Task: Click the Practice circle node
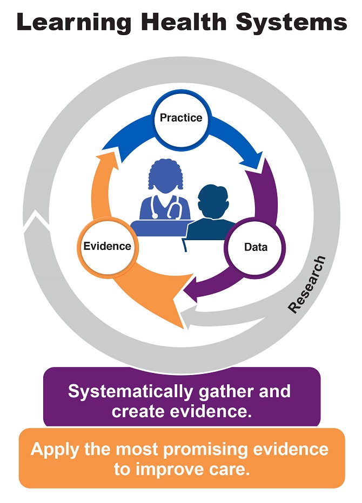tap(181, 118)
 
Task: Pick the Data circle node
tap(256, 247)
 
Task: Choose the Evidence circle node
tap(107, 247)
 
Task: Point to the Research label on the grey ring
tap(307, 284)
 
